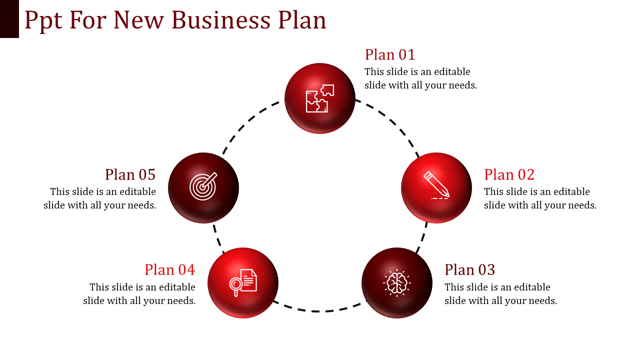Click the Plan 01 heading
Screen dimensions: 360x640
coord(390,54)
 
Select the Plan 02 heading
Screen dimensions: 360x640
coord(509,174)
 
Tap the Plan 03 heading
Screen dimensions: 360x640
coord(469,269)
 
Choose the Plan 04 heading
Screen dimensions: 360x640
coord(170,269)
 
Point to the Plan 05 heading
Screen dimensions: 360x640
coord(130,174)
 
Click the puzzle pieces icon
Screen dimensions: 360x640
coord(320,98)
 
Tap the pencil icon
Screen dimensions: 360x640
coord(436,185)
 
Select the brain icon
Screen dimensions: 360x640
coord(397,283)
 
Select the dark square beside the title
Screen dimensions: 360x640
coord(9,18)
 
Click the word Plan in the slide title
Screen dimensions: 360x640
coord(302,20)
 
